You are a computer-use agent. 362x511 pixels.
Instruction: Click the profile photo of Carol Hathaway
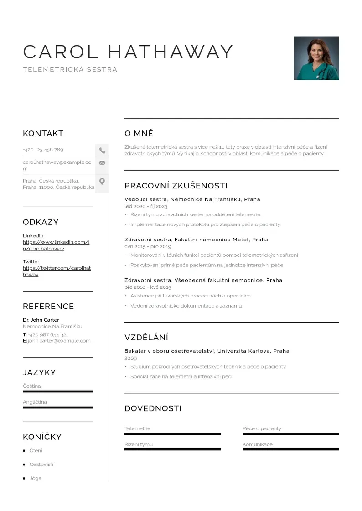(316, 58)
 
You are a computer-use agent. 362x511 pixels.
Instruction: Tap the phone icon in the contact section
(102, 150)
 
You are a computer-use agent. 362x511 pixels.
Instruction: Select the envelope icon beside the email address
(102, 163)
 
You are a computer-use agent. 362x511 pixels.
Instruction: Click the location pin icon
(102, 182)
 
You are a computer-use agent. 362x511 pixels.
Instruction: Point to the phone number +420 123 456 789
(43, 150)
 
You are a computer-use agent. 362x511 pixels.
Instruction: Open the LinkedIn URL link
(56, 245)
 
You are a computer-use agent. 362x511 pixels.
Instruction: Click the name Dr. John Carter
(41, 320)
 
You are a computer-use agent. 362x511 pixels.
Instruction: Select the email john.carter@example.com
(59, 341)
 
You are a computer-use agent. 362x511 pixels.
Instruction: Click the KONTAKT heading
(43, 134)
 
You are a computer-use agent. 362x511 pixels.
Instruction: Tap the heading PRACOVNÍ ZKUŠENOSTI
(176, 186)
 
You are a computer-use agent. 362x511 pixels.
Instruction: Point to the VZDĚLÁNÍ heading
(146, 338)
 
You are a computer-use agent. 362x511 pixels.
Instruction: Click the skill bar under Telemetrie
(172, 433)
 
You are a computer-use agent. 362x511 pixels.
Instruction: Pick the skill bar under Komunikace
(290, 449)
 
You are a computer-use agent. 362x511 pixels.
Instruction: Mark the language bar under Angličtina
(57, 407)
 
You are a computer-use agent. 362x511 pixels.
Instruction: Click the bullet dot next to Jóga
(24, 479)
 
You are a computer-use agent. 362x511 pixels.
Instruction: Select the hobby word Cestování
(41, 464)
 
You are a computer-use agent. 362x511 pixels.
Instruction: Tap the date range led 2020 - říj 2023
(146, 207)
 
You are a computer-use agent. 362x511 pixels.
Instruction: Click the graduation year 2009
(130, 358)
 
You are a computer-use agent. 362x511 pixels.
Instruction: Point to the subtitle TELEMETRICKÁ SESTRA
(70, 70)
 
